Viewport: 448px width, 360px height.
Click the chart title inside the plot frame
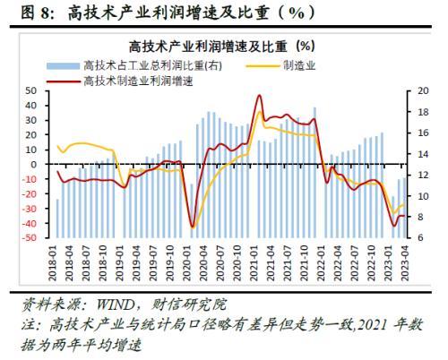pos(222,47)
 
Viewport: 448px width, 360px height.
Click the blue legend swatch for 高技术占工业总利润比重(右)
pos(63,66)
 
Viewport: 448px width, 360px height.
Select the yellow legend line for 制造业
pos(263,66)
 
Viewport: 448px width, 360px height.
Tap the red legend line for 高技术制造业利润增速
pos(63,81)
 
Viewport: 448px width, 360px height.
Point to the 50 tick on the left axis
pos(30,91)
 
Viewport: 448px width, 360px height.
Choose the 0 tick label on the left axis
pos(33,165)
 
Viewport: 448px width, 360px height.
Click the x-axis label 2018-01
pos(53,262)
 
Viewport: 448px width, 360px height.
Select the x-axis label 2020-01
pos(187,262)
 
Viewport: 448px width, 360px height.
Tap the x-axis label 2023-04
pos(405,262)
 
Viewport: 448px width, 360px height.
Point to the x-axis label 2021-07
pos(288,262)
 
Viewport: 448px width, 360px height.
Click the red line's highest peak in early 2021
pos(259,95)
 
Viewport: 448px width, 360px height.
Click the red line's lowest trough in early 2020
pos(193,227)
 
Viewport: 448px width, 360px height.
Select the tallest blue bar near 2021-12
pos(314,173)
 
